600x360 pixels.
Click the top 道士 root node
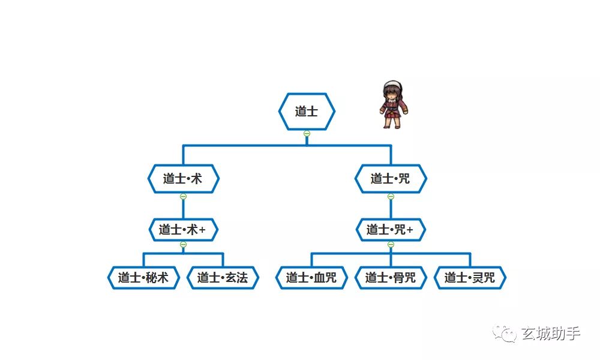tap(307, 112)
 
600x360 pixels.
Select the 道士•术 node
tap(183, 179)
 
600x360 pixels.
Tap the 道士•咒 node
tap(391, 179)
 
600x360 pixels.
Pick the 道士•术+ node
tap(183, 230)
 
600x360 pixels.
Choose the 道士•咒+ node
tap(391, 230)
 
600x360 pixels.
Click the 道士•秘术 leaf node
tap(143, 278)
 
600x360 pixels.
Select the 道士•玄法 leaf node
tap(223, 278)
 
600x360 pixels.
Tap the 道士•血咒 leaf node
tap(311, 278)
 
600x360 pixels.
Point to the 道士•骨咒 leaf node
tap(391, 278)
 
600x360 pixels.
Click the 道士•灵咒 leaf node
tap(470, 278)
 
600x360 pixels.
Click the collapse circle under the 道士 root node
tap(307, 133)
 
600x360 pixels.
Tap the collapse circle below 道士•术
tap(183, 196)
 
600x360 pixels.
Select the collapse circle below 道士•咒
tap(391, 196)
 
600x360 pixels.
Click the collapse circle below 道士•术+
tap(183, 244)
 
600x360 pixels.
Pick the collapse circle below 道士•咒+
tap(391, 244)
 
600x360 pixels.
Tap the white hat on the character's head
tap(392, 85)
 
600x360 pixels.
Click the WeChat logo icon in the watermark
tap(504, 333)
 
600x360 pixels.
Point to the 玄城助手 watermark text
tap(550, 333)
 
